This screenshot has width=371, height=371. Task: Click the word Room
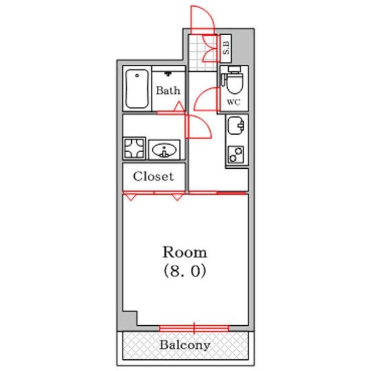pyautogui.click(x=184, y=252)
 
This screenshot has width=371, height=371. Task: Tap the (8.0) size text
pyautogui.click(x=184, y=271)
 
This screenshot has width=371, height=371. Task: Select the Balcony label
pyautogui.click(x=185, y=345)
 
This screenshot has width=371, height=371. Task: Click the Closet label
pyautogui.click(x=154, y=176)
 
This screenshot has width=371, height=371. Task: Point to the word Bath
pyautogui.click(x=168, y=90)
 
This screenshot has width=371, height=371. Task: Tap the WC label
pyautogui.click(x=234, y=102)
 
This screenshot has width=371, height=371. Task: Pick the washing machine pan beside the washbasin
pyautogui.click(x=134, y=148)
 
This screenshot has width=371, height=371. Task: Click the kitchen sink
pyautogui.click(x=236, y=127)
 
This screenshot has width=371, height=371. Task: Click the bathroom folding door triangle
pyautogui.click(x=178, y=108)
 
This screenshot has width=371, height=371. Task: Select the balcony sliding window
pyautogui.click(x=194, y=327)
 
